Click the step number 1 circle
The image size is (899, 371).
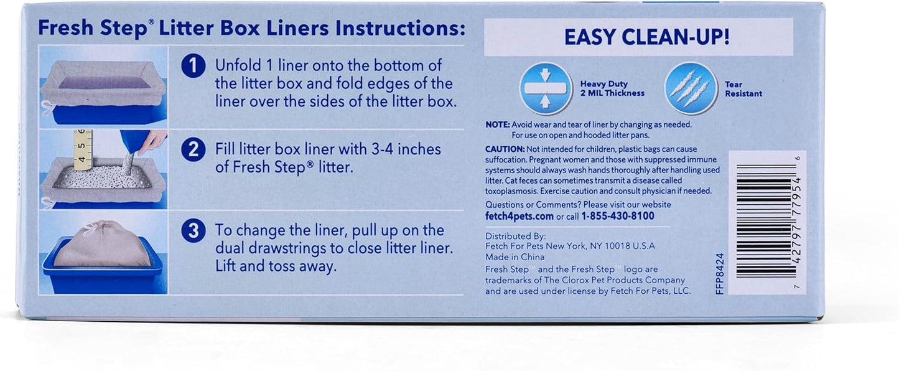193,66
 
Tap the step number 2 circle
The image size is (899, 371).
193,150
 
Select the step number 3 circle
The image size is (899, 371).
193,231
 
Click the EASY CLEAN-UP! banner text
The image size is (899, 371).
646,37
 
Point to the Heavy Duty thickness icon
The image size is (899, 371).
546,88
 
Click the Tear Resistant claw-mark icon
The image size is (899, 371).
691,88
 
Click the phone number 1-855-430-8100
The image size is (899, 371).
617,216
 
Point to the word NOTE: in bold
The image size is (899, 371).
497,124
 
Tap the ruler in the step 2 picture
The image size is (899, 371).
83,150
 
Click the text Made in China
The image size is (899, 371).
515,257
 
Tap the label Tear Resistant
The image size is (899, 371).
743,89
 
